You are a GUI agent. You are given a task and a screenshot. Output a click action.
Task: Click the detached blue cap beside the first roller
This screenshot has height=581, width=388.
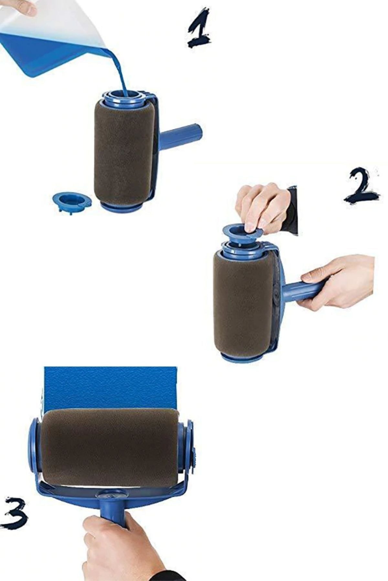point(72,201)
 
